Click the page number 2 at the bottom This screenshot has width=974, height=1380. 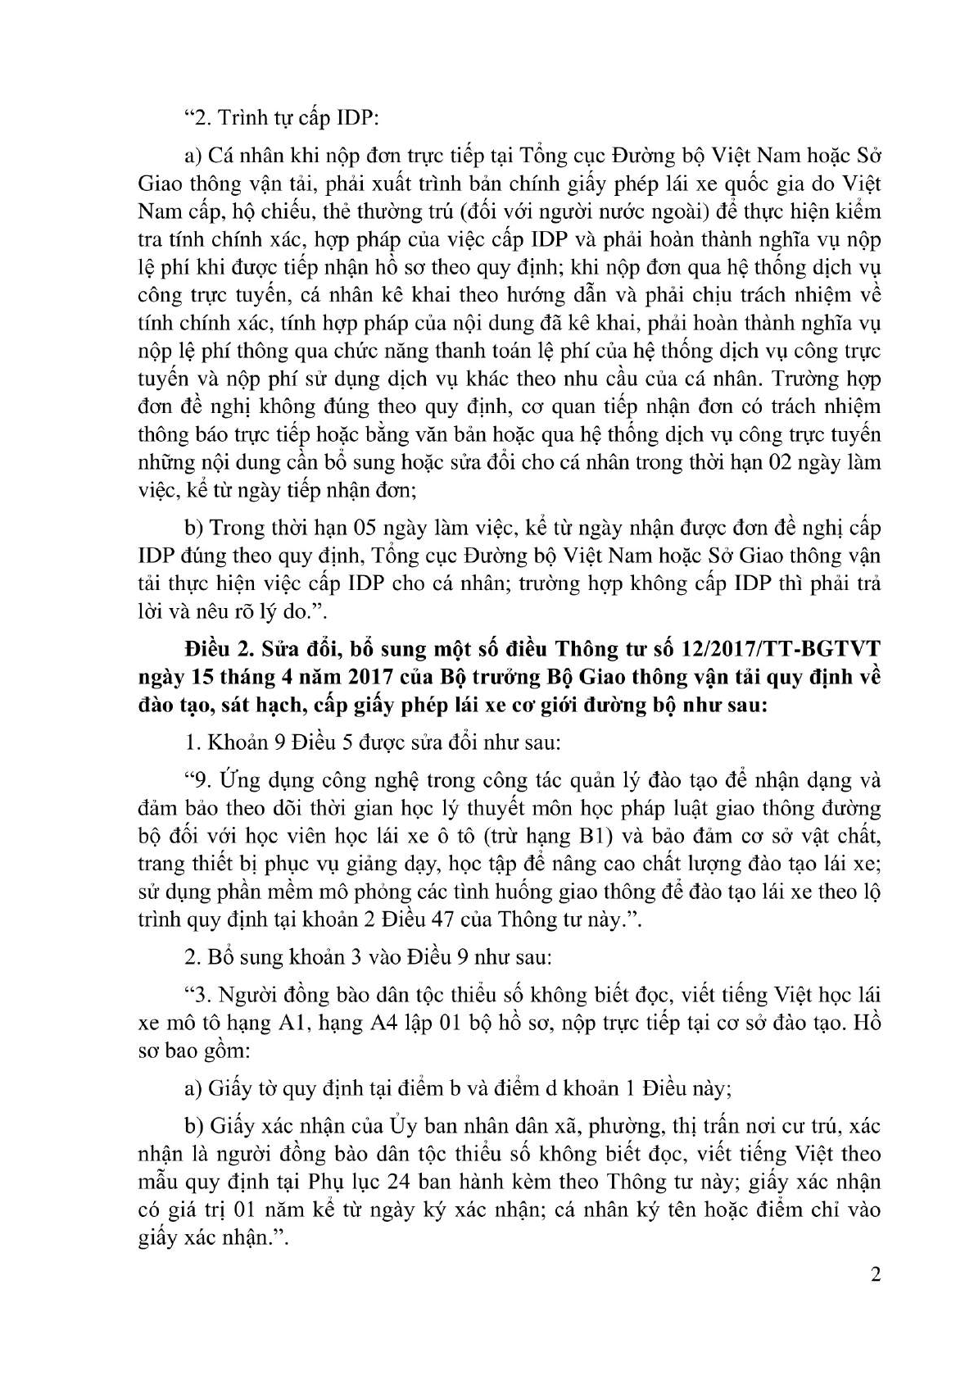click(876, 1275)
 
